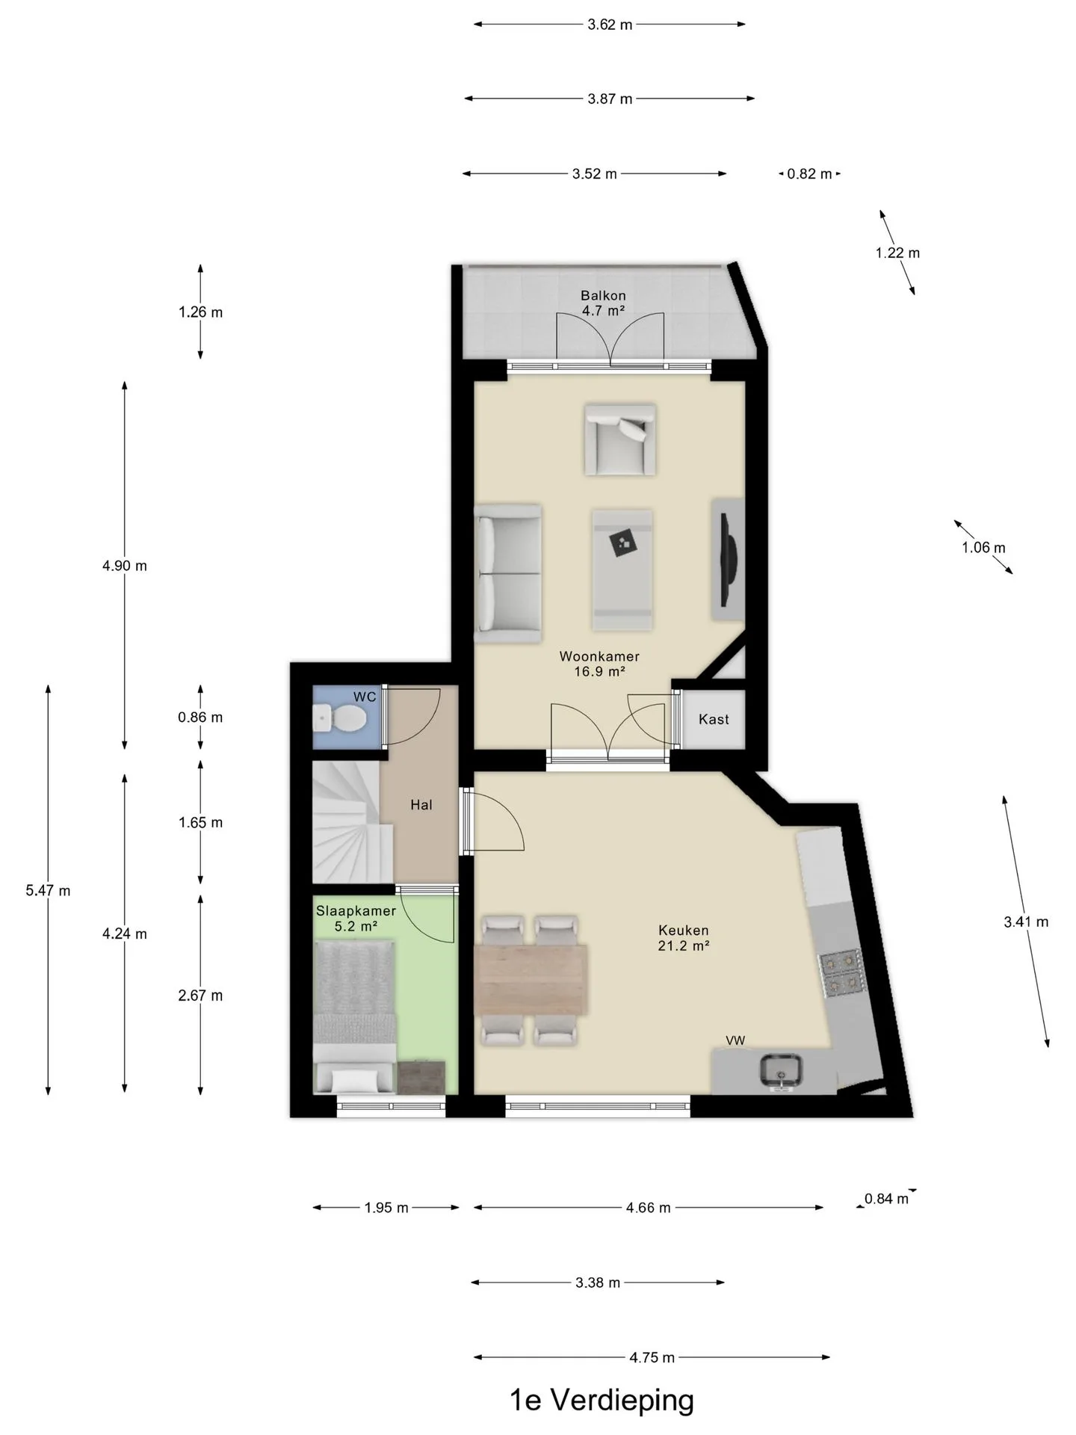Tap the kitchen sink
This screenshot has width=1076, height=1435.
[781, 1070]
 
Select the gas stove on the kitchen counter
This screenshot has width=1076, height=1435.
[842, 974]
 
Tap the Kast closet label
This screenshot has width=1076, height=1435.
[714, 719]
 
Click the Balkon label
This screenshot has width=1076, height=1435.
[603, 295]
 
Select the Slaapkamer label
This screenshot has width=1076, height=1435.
[356, 911]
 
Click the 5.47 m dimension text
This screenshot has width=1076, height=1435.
[48, 890]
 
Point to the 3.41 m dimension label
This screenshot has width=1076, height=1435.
[1026, 922]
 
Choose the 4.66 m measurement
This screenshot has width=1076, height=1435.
[648, 1207]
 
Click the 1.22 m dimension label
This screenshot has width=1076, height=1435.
[897, 253]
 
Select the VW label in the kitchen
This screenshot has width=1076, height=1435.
[735, 1040]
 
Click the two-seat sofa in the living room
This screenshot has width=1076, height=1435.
[508, 574]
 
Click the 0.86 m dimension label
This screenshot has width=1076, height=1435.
[200, 717]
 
